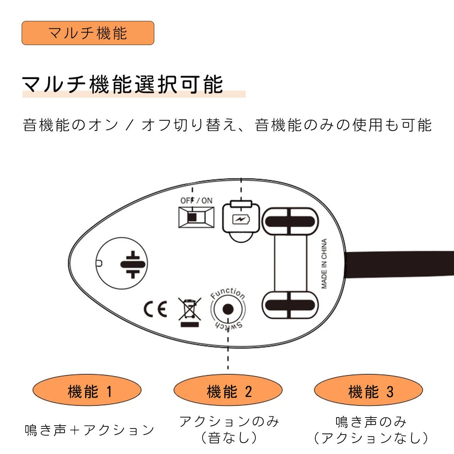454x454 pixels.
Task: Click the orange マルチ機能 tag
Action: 88,33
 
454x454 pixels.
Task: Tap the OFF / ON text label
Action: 196,200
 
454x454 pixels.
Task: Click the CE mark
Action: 155,309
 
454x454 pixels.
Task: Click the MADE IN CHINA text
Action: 324,264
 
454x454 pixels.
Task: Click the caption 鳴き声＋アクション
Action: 90,430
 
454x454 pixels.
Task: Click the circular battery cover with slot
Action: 122,264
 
